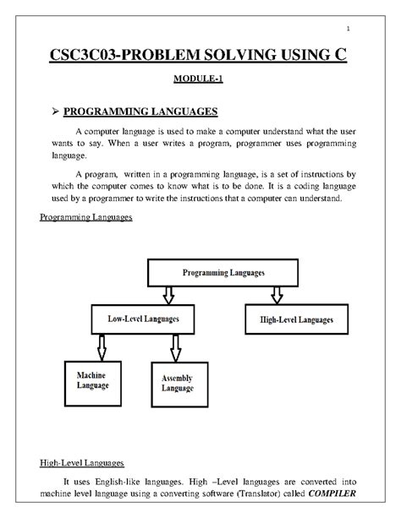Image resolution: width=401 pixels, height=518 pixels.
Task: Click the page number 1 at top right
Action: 360,33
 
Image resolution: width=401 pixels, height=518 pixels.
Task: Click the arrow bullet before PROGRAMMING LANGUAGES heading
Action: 49,112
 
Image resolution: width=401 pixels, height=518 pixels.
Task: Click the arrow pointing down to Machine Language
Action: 102,345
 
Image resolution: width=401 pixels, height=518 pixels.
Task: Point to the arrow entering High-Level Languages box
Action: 276,297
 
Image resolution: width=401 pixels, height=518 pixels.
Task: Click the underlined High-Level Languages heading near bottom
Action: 83,463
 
